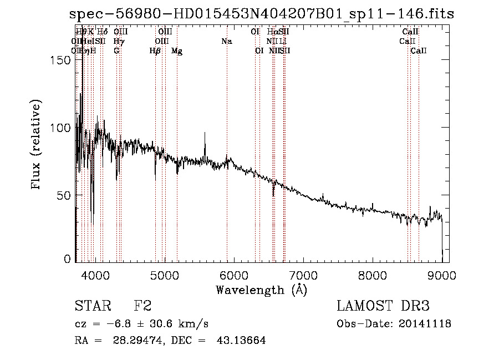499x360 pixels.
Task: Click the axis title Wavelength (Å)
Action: [x=261, y=290]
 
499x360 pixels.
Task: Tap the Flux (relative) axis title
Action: [x=37, y=145]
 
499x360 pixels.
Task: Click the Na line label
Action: [x=226, y=41]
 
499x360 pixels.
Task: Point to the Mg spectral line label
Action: [x=177, y=50]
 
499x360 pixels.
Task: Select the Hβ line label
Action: [x=155, y=50]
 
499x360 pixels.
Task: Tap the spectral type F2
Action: [x=143, y=306]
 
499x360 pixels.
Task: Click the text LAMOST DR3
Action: [x=383, y=306]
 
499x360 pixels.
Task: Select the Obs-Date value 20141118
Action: [x=424, y=324]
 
